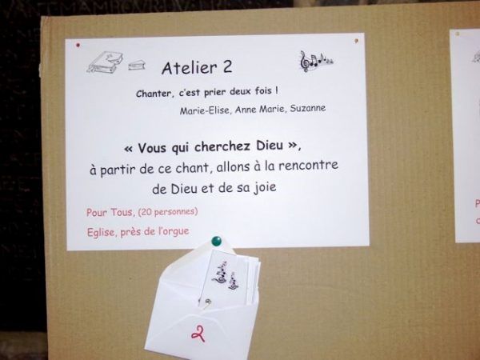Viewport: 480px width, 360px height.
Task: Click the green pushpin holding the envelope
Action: [217, 241]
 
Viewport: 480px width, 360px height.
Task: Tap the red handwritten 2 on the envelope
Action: [198, 334]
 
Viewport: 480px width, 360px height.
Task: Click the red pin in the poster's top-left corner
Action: [78, 46]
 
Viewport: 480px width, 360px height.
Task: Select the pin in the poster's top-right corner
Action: [356, 41]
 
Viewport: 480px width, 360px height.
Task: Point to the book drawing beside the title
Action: [104, 62]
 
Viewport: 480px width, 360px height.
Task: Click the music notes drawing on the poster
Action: [316, 61]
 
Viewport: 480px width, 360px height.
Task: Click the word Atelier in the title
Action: [190, 68]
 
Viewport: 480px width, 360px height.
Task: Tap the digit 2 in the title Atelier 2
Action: [227, 66]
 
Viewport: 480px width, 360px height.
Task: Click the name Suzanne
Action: [308, 108]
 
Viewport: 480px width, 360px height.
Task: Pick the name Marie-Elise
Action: [205, 110]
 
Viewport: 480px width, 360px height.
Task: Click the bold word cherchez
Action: [222, 146]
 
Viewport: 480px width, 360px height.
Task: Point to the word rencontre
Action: [308, 166]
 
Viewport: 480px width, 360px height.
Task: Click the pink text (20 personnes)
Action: [168, 211]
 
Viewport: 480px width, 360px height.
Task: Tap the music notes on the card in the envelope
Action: [226, 275]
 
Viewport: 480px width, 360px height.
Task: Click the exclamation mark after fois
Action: [277, 90]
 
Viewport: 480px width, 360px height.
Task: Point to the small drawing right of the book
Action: [137, 65]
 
